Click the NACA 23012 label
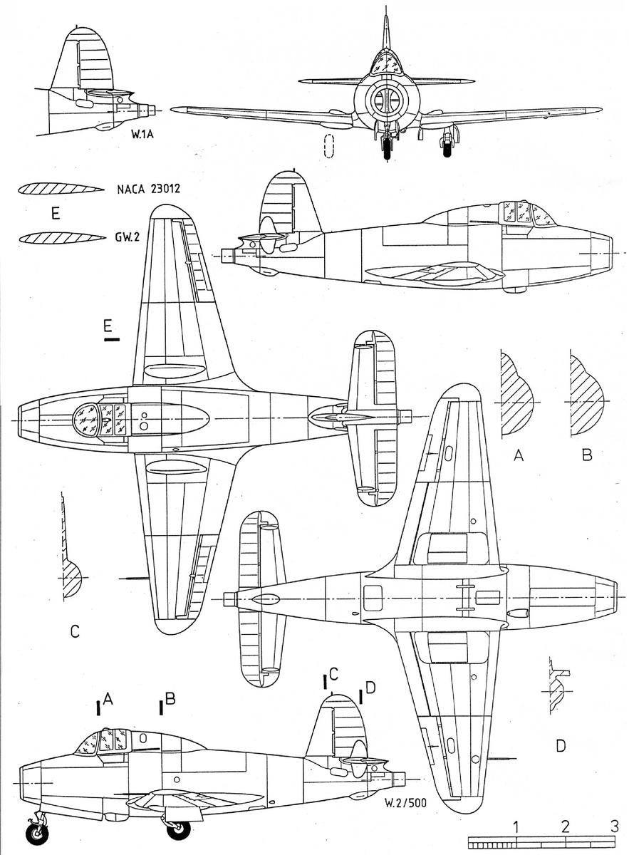pos(148,190)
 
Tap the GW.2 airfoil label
pos(127,237)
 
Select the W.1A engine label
pos(142,134)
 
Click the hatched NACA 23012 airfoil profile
pos(61,189)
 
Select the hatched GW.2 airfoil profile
pos(62,237)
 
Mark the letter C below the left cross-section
pos(75,631)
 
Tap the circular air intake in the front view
pos(387,100)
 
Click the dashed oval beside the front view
pos(328,146)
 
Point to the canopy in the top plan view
pos(100,420)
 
